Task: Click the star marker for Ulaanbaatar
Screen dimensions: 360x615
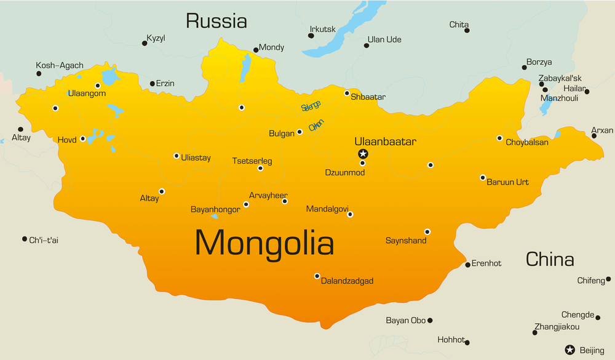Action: (x=363, y=153)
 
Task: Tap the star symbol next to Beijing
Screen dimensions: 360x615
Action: (x=569, y=350)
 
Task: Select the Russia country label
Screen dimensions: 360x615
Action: (x=216, y=22)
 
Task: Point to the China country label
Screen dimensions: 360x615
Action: (x=549, y=259)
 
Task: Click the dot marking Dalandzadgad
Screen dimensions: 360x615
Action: (x=317, y=276)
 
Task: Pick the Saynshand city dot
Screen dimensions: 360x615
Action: (x=427, y=232)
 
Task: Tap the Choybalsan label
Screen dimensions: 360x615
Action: (x=527, y=143)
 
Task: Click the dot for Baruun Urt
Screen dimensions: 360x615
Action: (x=483, y=177)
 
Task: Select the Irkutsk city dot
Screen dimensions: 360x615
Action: (x=311, y=36)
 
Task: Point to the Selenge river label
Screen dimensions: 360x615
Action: (x=311, y=106)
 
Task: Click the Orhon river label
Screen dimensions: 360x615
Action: (x=316, y=124)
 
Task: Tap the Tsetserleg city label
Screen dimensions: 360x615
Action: (x=252, y=161)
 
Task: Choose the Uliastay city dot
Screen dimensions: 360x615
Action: (x=177, y=156)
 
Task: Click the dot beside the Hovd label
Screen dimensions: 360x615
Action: (x=82, y=138)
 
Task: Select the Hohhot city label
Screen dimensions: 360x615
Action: (x=451, y=339)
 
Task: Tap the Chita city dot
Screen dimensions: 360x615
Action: (x=467, y=30)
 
